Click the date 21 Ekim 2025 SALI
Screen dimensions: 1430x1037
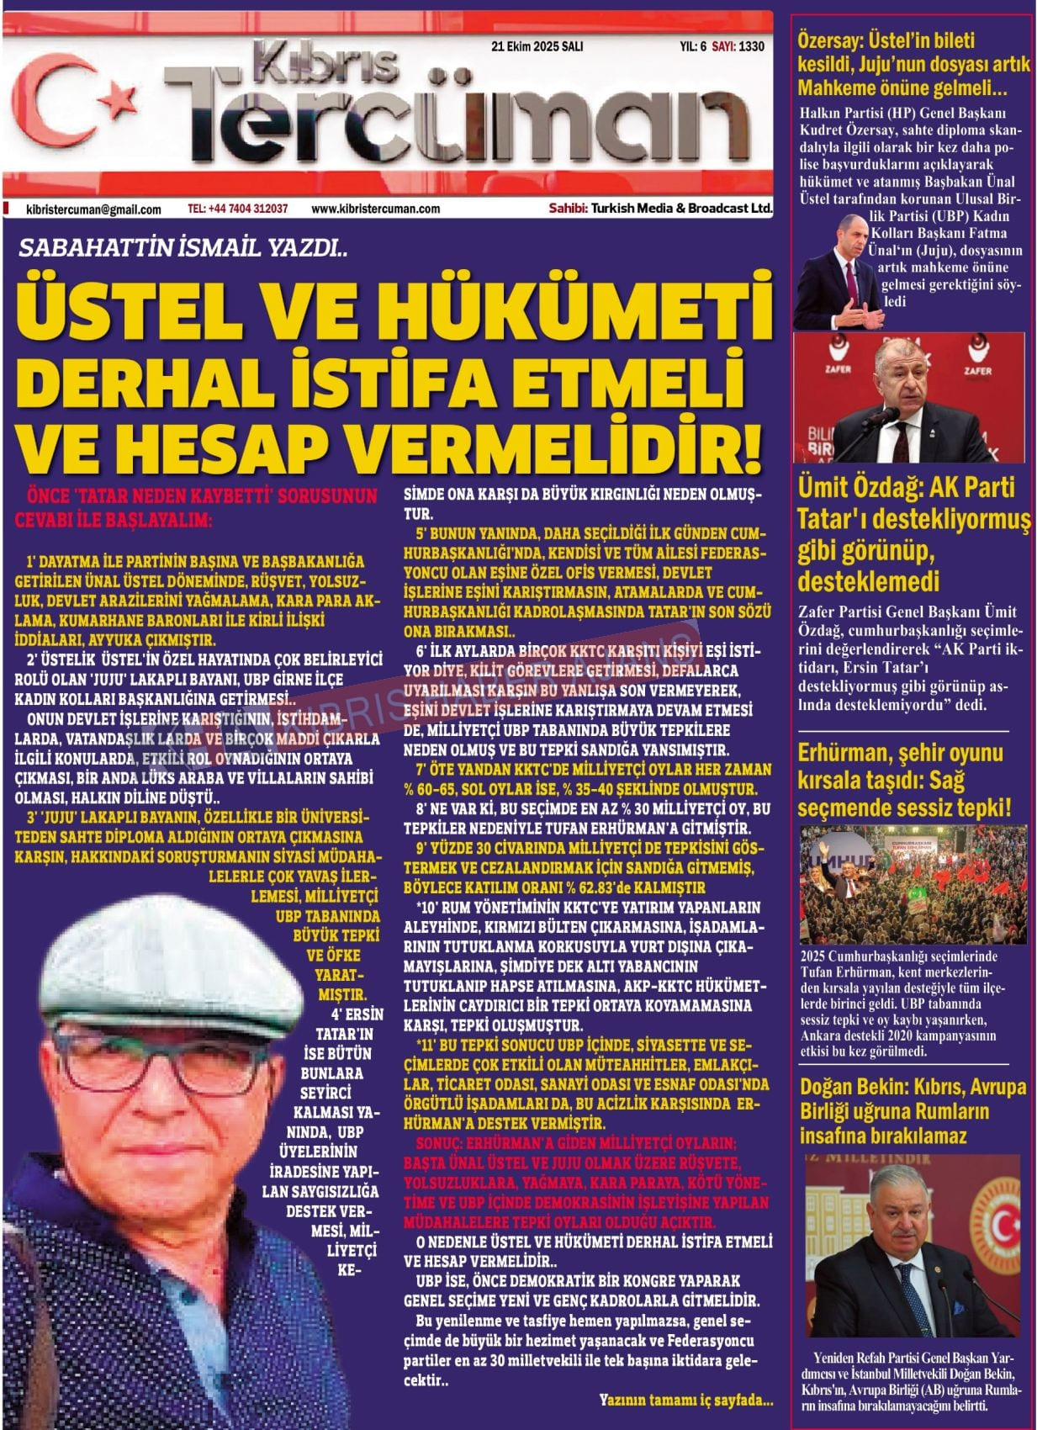(x=537, y=47)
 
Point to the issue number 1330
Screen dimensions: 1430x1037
(x=751, y=47)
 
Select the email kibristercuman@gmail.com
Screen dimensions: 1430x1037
(x=93, y=209)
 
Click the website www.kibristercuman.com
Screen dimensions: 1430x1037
(x=375, y=209)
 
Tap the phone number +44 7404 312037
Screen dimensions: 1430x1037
(x=238, y=209)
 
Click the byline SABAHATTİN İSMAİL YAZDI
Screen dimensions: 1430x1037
(x=182, y=249)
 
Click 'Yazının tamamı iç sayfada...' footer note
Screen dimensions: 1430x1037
(x=686, y=1401)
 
